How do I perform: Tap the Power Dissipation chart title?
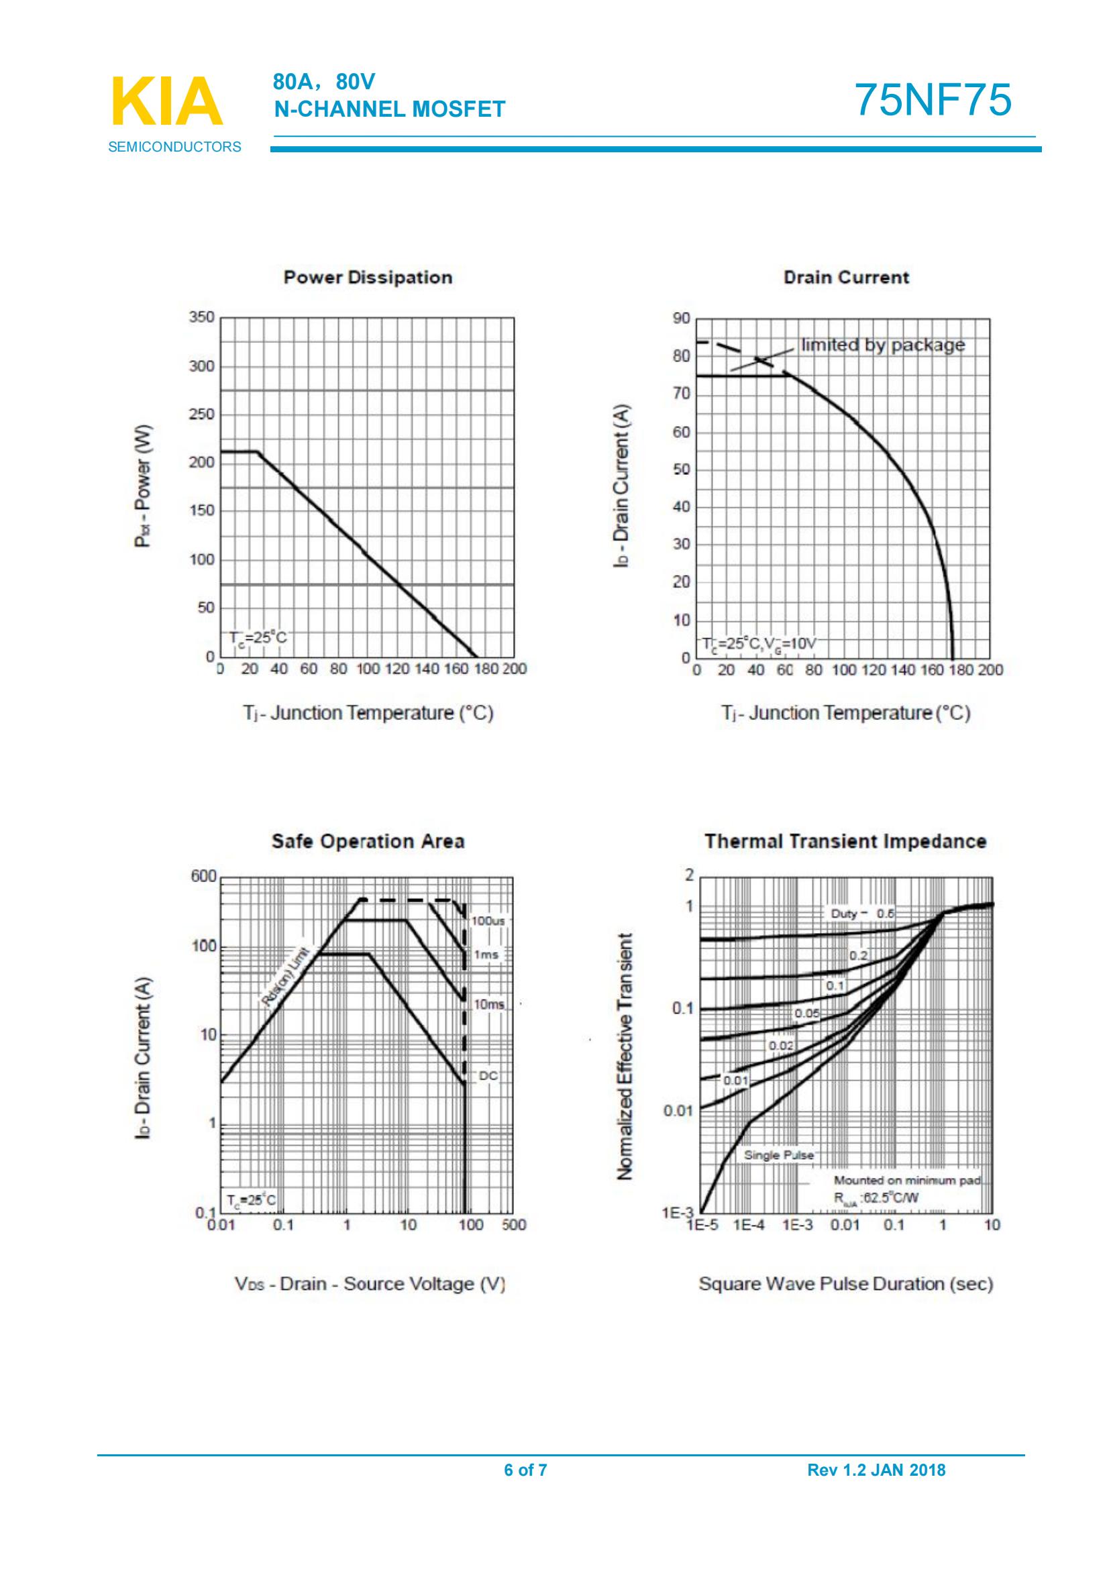click(x=368, y=278)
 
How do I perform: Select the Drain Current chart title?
click(x=846, y=278)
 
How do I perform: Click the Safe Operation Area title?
click(x=368, y=841)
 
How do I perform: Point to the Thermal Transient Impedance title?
click(x=845, y=841)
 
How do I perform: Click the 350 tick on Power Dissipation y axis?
click(x=201, y=317)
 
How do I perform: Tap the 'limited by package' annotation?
click(x=883, y=345)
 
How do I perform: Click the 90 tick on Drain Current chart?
click(x=682, y=319)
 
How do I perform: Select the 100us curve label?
click(x=488, y=921)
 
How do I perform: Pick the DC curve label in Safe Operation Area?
click(x=488, y=1075)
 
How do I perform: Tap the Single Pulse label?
click(x=778, y=1155)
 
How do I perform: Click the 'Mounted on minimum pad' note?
click(x=907, y=1180)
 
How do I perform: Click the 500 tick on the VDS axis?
click(x=514, y=1226)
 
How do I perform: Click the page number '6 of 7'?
click(x=525, y=1470)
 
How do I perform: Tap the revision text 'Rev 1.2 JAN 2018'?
click(x=876, y=1470)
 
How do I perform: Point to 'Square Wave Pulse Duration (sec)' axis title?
click(x=845, y=1284)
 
